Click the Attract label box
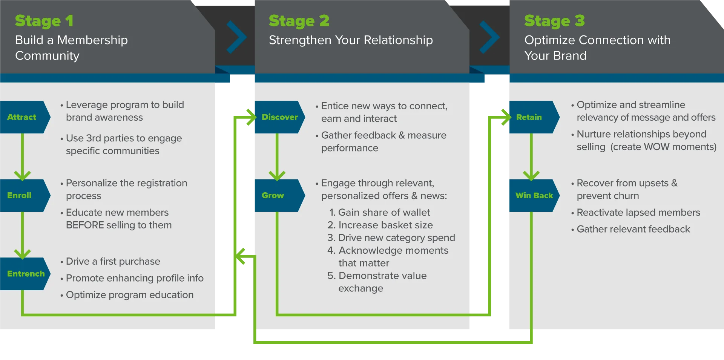(23, 117)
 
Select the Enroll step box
(21, 195)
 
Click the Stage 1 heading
(44, 21)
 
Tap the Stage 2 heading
(299, 21)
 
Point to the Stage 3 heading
(554, 21)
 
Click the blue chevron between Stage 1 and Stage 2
(236, 37)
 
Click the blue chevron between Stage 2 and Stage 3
(489, 37)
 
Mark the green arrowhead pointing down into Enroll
(22, 175)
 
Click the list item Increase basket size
(380, 225)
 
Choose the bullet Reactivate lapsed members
(638, 213)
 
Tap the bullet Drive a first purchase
(113, 261)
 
